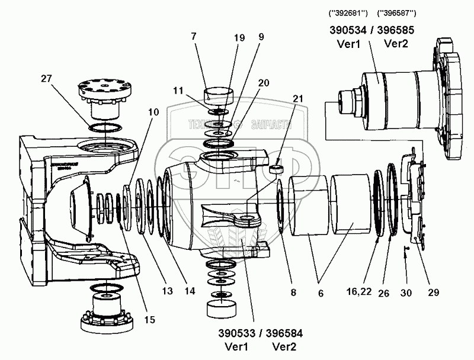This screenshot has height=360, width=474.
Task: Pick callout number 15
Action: [149, 320]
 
